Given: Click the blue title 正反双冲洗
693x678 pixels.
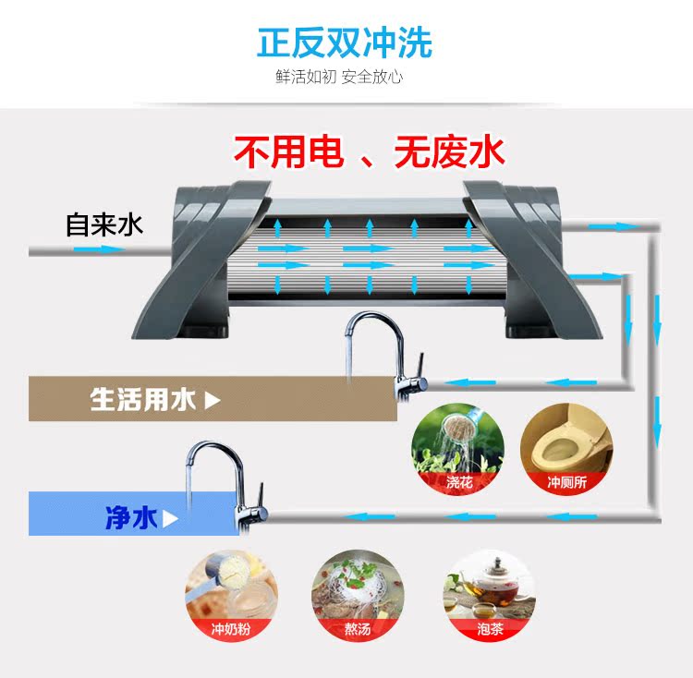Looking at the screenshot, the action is (x=345, y=42).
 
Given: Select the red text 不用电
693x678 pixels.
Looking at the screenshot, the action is (x=287, y=151).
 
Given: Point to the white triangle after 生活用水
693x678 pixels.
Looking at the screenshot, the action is (x=212, y=400).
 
